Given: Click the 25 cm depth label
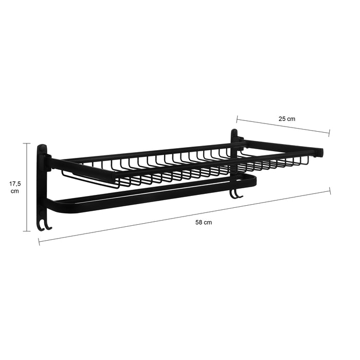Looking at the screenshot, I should click(287, 119).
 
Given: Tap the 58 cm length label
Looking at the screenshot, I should click(204, 223).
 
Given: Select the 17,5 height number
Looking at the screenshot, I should click(15, 183).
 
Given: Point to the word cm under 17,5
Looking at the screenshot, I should click(15, 191).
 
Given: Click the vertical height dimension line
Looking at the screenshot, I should click(29, 187).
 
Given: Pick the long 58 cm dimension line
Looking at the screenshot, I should click(185, 216).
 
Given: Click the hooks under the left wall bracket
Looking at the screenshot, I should click(44, 225).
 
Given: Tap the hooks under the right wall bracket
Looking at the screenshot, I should click(236, 193).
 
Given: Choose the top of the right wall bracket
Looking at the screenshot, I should click(235, 135).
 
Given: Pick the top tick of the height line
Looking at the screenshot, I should click(29, 143).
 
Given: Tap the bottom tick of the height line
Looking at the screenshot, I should click(29, 231).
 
